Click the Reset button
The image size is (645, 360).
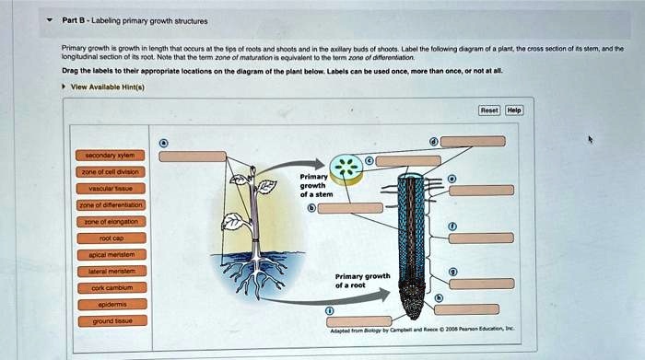(x=488, y=110)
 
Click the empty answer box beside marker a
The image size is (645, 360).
(x=192, y=157)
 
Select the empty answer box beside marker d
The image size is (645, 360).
(x=472, y=141)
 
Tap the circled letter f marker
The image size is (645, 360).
(x=451, y=226)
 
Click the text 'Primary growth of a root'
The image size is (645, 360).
(x=362, y=281)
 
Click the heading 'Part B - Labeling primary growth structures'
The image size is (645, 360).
(x=135, y=20)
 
